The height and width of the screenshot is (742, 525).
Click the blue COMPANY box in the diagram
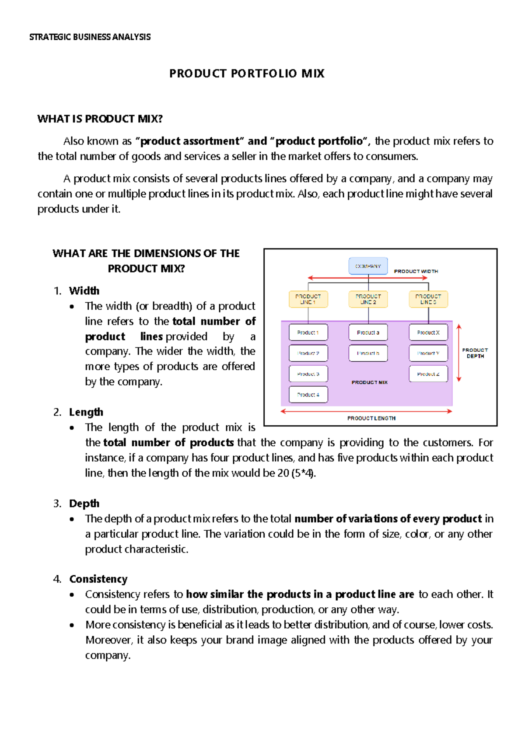tap(368, 266)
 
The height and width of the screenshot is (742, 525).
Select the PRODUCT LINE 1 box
tap(308, 299)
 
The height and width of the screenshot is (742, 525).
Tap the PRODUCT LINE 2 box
tap(368, 299)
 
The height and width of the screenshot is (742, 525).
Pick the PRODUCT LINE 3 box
tap(428, 299)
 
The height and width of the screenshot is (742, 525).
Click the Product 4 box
tap(308, 395)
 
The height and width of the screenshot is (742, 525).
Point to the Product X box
tap(428, 332)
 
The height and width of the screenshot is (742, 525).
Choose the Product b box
tap(368, 353)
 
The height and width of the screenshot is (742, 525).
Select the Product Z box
tap(428, 374)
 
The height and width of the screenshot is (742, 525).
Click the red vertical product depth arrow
tap(459, 353)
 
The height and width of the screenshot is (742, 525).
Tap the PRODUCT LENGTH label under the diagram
tap(371, 418)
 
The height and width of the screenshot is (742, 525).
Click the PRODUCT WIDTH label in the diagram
tap(416, 271)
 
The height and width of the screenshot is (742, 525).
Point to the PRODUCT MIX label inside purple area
tap(370, 382)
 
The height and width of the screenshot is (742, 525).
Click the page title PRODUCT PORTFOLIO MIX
tap(247, 73)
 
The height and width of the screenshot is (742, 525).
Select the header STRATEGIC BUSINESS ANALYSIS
tap(90, 37)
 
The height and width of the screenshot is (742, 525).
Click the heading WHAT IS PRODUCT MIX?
tap(100, 119)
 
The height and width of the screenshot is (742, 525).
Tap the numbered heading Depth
tap(84, 504)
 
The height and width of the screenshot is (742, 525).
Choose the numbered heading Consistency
tap(98, 579)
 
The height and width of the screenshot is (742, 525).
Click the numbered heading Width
tap(84, 291)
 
